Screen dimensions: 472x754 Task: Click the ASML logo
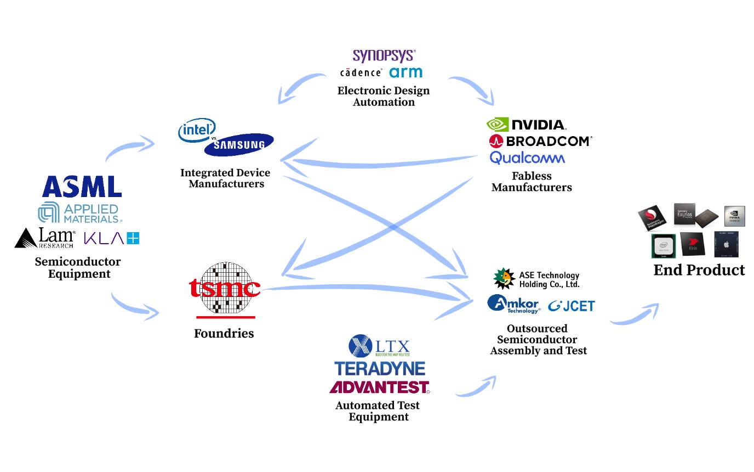click(x=82, y=187)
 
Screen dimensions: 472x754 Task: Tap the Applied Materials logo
click(x=79, y=213)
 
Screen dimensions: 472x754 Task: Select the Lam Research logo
click(x=45, y=238)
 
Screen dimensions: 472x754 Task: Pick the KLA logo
click(x=112, y=238)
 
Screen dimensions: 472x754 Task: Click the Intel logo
click(x=196, y=130)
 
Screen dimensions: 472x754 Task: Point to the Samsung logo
click(x=239, y=145)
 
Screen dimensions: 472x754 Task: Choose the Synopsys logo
click(x=384, y=55)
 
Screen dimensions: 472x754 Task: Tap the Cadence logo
click(x=361, y=72)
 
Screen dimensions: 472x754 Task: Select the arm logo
click(x=405, y=72)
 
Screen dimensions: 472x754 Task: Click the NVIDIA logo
click(x=526, y=125)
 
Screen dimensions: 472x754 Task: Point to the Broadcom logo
click(x=540, y=141)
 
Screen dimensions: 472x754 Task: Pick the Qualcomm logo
click(x=527, y=158)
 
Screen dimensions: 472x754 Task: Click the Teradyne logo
click(x=380, y=368)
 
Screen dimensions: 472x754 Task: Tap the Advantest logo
click(x=379, y=387)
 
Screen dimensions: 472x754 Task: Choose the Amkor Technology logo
click(x=513, y=304)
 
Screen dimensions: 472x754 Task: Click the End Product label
click(x=699, y=270)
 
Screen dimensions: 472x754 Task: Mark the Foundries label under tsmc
click(x=224, y=333)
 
